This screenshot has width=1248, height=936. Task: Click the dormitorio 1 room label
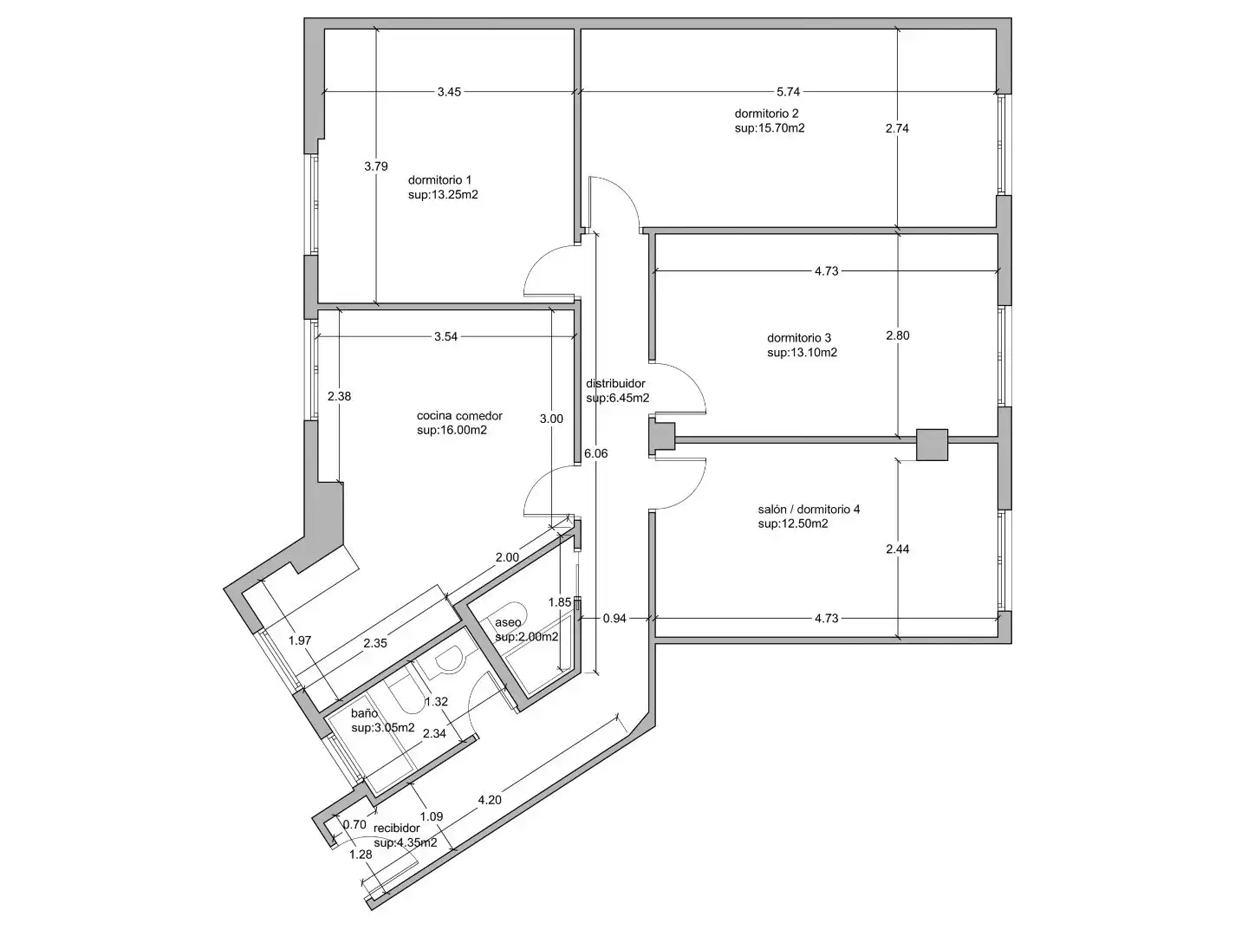pyautogui.click(x=439, y=180)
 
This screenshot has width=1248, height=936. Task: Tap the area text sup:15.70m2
pyautogui.click(x=770, y=128)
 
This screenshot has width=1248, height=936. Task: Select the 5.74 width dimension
pyautogui.click(x=788, y=92)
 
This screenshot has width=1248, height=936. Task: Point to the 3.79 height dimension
pyautogui.click(x=376, y=166)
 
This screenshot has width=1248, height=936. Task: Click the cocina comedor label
pyautogui.click(x=459, y=415)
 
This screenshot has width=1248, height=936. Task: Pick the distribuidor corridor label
pyautogui.click(x=615, y=384)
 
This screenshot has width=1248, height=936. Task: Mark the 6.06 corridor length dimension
pyautogui.click(x=596, y=453)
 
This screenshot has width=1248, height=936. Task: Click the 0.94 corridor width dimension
pyautogui.click(x=614, y=618)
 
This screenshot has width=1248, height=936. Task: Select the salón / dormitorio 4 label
pyautogui.click(x=809, y=510)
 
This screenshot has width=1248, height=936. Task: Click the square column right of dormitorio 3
pyautogui.click(x=932, y=445)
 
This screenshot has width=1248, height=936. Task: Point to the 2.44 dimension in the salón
pyautogui.click(x=897, y=549)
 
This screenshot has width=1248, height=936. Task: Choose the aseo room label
pyautogui.click(x=508, y=622)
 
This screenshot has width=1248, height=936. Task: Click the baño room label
pyautogui.click(x=364, y=713)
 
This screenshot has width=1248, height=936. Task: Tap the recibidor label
pyautogui.click(x=396, y=828)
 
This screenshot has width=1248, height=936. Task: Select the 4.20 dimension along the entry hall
pyautogui.click(x=490, y=800)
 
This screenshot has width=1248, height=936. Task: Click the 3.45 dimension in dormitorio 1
pyautogui.click(x=449, y=92)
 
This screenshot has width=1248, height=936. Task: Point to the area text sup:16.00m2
pyautogui.click(x=452, y=430)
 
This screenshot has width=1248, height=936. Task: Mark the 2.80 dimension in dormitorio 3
pyautogui.click(x=897, y=335)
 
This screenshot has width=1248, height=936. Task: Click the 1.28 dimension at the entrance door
pyautogui.click(x=361, y=855)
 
